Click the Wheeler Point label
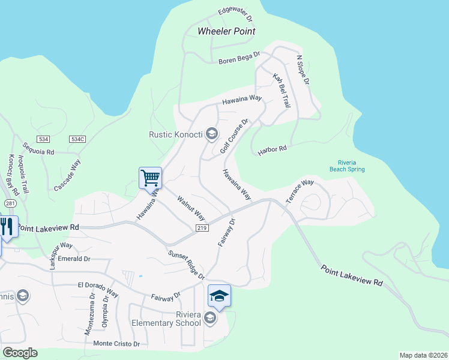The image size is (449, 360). click(x=226, y=31)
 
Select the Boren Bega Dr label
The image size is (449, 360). click(x=239, y=58)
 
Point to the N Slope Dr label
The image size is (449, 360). click(x=303, y=70)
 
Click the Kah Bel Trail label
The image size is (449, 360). click(x=281, y=91)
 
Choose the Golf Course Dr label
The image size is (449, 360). click(x=234, y=136)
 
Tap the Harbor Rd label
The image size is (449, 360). click(x=273, y=148)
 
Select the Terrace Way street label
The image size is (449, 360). click(x=300, y=191)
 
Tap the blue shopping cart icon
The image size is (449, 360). click(x=150, y=178)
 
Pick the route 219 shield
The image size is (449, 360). click(x=202, y=229)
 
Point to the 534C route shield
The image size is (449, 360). click(x=77, y=139)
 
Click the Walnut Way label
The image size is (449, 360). click(x=191, y=208)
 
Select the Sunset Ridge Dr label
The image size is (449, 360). click(x=186, y=265)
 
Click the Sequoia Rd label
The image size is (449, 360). click(x=38, y=148)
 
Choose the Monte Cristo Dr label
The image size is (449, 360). click(x=116, y=344)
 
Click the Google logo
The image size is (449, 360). click(x=19, y=353)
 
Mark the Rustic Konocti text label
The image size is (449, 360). click(x=176, y=134)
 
